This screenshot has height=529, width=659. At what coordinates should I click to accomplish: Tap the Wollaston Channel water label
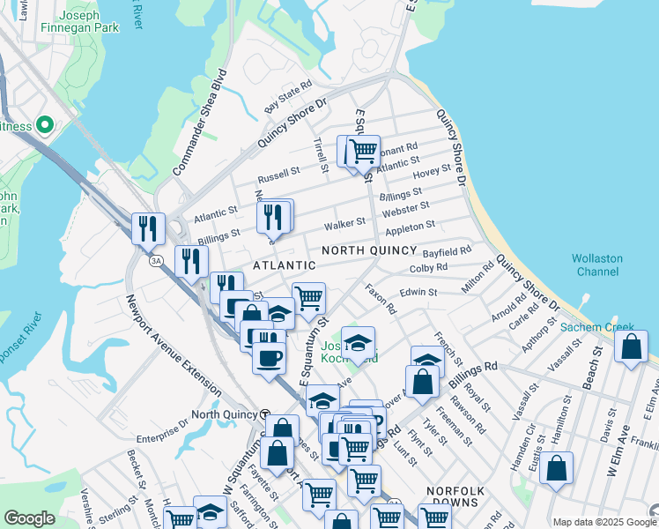pyautogui.click(x=597, y=265)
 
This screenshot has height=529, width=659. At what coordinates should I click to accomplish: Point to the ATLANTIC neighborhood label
pyautogui.click(x=284, y=265)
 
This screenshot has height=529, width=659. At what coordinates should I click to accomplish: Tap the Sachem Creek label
pyautogui.click(x=596, y=327)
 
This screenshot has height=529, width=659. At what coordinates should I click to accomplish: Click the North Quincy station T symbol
pyautogui.click(x=263, y=414)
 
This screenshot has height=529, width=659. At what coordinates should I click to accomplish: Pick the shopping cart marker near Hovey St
pyautogui.click(x=363, y=151)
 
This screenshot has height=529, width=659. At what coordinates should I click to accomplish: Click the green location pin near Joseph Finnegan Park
pyautogui.click(x=41, y=125)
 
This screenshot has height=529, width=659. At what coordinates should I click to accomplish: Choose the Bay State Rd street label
pyautogui.click(x=289, y=97)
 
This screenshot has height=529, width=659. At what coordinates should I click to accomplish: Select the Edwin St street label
pyautogui.click(x=418, y=292)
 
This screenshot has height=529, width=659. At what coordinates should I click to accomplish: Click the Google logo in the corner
pyautogui.click(x=29, y=518)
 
